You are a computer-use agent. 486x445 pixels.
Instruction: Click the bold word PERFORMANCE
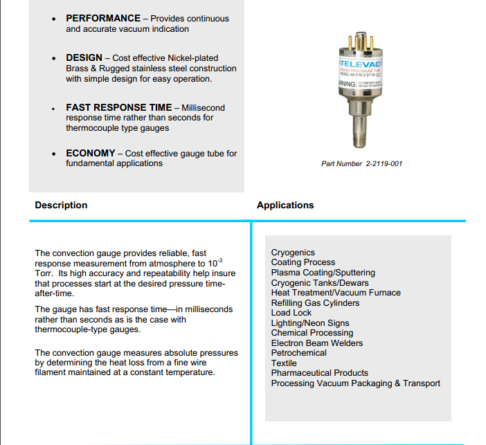[x=102, y=18]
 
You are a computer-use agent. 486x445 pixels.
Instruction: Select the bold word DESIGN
[x=84, y=57]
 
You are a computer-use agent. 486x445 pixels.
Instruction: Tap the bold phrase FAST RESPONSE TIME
[x=118, y=107]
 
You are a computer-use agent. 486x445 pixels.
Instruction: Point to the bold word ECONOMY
[x=90, y=153]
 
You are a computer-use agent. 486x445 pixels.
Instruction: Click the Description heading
[x=61, y=205]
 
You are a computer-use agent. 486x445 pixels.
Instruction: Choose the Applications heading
[x=285, y=205]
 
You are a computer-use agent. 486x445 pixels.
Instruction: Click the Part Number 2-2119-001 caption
[x=361, y=164]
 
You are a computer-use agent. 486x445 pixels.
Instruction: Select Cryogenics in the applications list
[x=293, y=253]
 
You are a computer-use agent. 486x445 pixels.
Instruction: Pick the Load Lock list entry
[x=291, y=313]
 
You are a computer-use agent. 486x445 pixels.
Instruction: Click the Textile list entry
[x=284, y=363]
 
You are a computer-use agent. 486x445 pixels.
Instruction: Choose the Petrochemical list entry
[x=299, y=353]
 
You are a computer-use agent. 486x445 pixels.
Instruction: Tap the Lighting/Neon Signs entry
[x=310, y=323]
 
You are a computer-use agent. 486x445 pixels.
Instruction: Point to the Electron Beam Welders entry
[x=317, y=343]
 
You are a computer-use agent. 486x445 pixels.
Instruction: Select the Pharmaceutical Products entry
[x=320, y=373]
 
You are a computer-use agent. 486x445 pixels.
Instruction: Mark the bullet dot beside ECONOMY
[x=54, y=154]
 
